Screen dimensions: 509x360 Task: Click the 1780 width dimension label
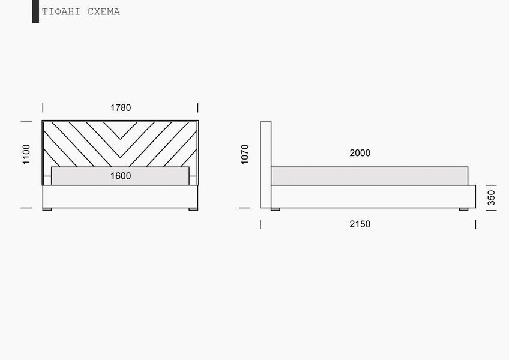tap(121, 108)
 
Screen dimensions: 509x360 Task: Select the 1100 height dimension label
tap(26, 155)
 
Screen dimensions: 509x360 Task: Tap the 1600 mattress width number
tap(121, 176)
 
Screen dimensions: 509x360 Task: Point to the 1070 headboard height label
tap(245, 155)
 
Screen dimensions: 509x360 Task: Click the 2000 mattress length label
tap(360, 153)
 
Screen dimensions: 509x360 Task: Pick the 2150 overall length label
tap(360, 224)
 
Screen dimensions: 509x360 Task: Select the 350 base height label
tap(492, 198)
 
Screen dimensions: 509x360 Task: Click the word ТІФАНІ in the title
tap(61, 11)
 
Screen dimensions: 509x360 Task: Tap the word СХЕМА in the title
tap(104, 11)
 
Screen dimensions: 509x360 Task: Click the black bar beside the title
tap(35, 11)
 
